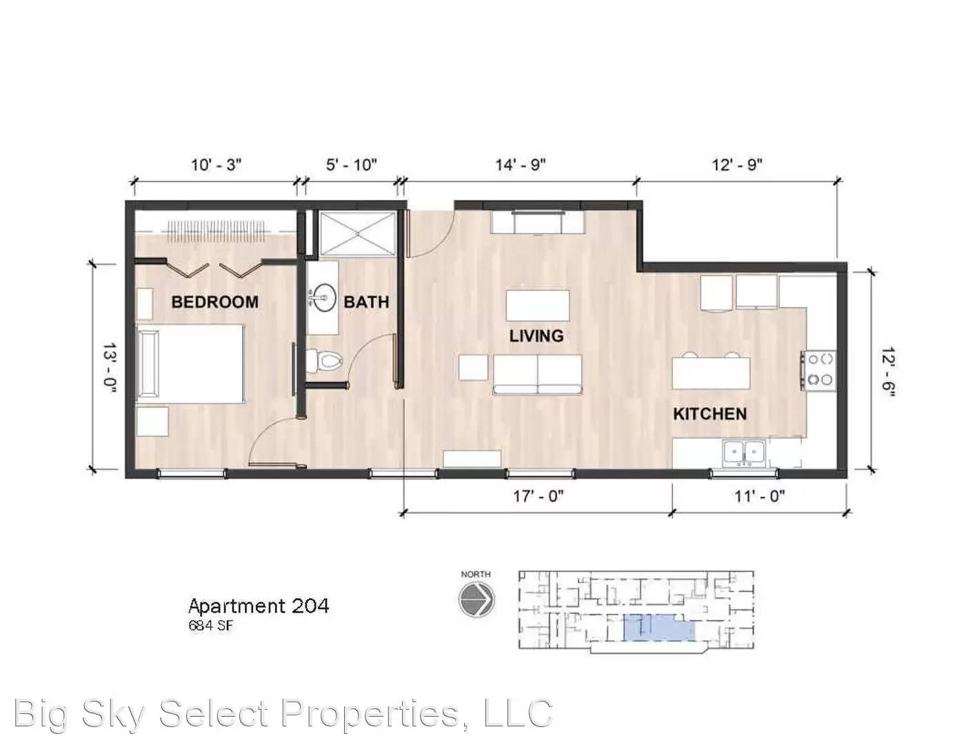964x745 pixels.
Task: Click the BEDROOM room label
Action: tap(214, 302)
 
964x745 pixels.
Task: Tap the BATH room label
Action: tap(366, 302)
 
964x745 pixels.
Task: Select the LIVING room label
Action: tap(536, 336)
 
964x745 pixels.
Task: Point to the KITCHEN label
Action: tap(710, 414)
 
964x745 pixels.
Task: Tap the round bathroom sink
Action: tap(322, 297)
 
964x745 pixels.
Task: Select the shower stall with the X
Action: tap(358, 234)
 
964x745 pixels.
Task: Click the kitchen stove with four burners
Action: tap(819, 370)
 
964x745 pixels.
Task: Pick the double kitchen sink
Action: tap(745, 453)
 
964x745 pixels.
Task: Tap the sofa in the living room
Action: tap(538, 375)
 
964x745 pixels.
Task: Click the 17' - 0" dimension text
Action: tap(538, 496)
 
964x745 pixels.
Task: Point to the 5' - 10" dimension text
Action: tap(352, 165)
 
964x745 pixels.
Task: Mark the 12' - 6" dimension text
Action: tap(887, 372)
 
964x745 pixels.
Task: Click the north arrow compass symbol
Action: tap(476, 600)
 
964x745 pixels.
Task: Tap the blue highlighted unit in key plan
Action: tap(659, 628)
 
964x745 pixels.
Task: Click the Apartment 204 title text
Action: tap(259, 606)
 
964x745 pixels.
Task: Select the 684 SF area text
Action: tap(210, 626)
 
